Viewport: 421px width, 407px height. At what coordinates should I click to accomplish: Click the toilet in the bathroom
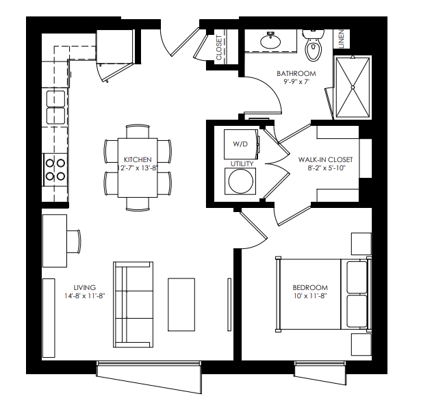[313, 45]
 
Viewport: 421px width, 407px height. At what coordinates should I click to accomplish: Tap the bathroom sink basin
[270, 42]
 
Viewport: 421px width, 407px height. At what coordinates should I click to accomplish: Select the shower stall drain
[353, 87]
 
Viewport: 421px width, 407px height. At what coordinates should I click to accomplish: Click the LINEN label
[342, 39]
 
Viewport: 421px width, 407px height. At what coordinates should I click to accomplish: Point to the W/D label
[240, 144]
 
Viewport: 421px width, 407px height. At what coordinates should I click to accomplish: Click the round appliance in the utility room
[240, 181]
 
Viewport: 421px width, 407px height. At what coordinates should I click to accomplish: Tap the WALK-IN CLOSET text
[325, 159]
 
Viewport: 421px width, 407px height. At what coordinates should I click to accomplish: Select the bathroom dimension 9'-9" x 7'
[296, 81]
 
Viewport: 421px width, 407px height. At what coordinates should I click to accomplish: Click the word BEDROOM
[310, 287]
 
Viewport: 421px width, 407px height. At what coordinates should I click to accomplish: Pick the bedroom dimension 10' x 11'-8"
[310, 296]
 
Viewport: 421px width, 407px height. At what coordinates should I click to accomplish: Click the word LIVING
[85, 287]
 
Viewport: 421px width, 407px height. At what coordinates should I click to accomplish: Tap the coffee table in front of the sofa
[181, 304]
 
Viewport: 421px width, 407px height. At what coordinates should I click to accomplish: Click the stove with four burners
[55, 170]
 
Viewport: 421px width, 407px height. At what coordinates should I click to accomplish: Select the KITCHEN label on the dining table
[138, 159]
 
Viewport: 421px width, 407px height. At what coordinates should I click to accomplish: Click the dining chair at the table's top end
[138, 131]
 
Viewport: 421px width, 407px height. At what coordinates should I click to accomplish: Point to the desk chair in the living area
[74, 241]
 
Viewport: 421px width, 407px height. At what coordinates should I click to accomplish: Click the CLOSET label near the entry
[219, 47]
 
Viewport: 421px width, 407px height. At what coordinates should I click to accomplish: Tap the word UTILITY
[242, 163]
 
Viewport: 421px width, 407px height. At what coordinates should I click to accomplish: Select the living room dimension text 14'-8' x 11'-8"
[85, 296]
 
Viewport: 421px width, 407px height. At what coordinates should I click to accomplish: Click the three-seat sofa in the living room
[133, 304]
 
